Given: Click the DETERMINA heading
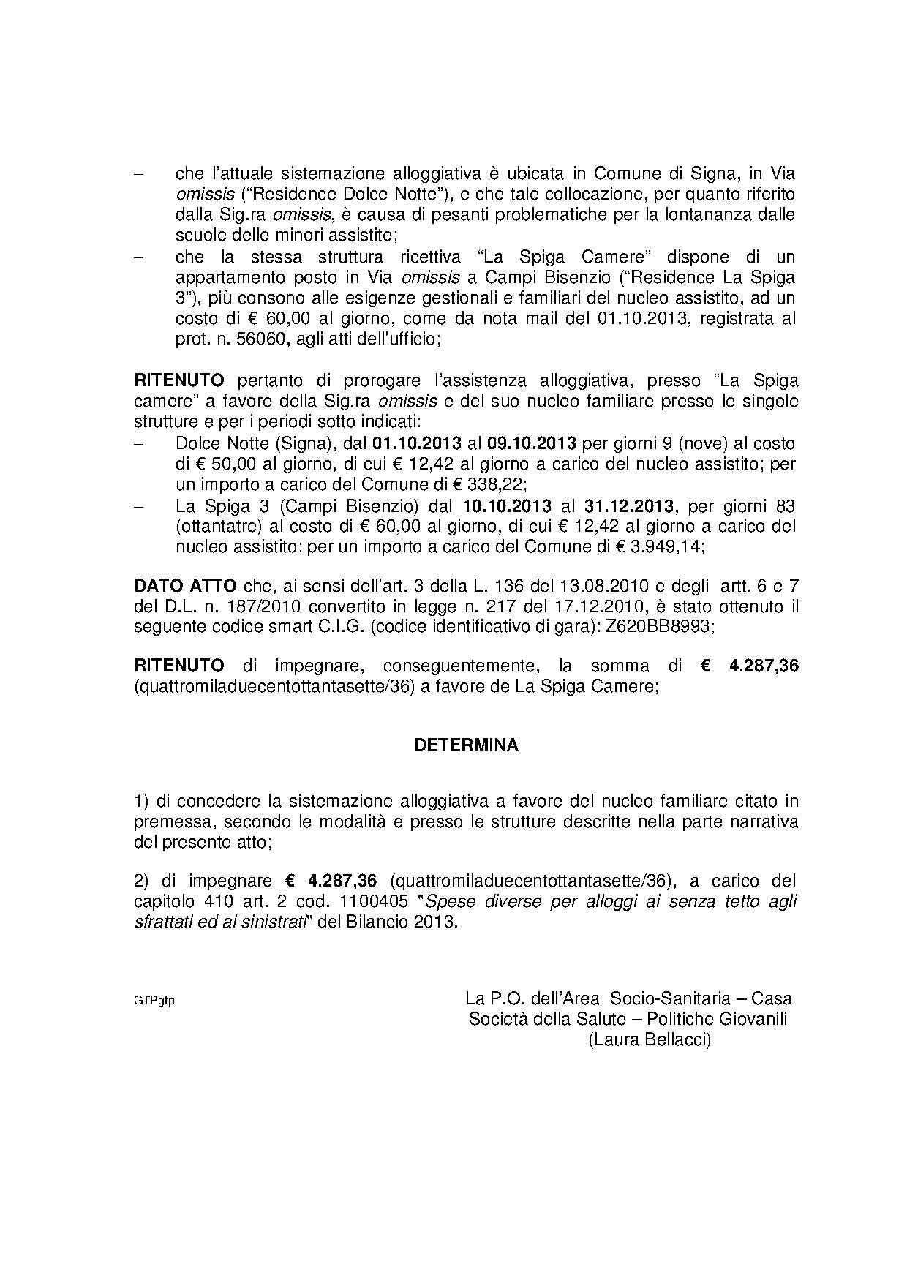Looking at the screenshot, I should [466, 745].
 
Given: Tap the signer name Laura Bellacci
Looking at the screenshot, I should [650, 1039].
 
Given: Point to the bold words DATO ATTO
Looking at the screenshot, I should [185, 586].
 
